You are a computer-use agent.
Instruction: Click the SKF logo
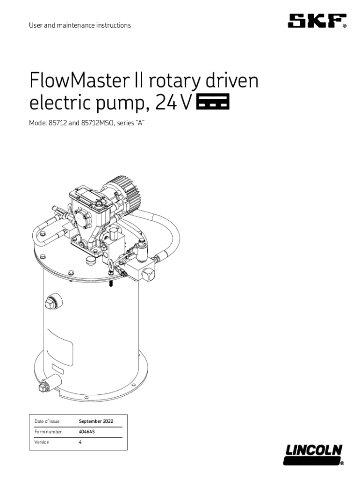(317, 21)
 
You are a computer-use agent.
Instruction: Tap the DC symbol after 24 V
(213, 102)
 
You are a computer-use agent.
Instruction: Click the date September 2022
(96, 421)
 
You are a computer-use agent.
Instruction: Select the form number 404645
(87, 432)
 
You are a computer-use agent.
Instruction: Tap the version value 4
(80, 442)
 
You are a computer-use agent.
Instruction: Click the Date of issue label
(47, 421)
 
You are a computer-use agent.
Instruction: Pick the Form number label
(48, 432)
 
